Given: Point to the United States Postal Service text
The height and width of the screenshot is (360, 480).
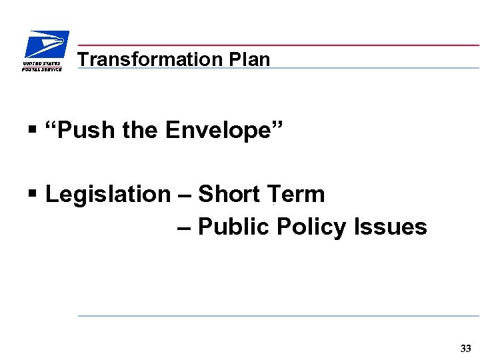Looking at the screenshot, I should (x=41, y=65).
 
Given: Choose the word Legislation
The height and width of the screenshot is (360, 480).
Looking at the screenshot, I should (x=108, y=195).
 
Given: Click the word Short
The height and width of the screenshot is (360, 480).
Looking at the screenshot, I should (x=230, y=195).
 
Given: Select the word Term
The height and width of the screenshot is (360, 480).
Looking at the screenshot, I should (x=296, y=195).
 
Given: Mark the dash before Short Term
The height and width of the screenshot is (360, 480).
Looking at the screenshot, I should (x=184, y=195).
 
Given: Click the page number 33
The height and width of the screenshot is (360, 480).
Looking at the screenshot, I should (x=465, y=348).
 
